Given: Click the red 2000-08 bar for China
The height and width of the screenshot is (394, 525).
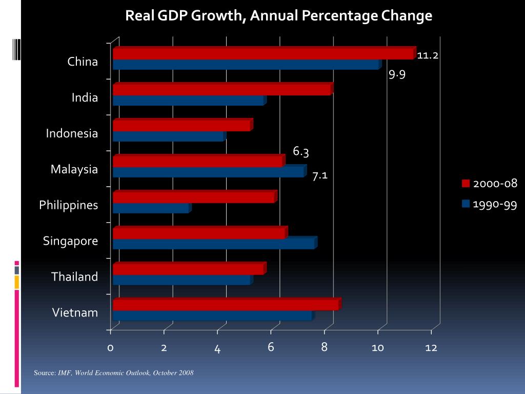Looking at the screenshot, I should tap(264, 54).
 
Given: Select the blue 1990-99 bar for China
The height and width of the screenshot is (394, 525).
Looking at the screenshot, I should tap(246, 65).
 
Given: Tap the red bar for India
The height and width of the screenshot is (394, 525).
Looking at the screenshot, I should tap(222, 90).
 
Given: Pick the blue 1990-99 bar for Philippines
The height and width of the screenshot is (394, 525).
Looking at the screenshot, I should tap(151, 208).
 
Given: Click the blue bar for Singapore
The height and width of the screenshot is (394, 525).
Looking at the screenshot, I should tap(214, 244).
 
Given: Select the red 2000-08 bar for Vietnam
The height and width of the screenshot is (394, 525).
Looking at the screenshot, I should tap(226, 305).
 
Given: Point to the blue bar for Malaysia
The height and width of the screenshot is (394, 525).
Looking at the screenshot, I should tap(209, 172).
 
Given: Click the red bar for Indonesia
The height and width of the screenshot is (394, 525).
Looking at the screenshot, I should tap(182, 126).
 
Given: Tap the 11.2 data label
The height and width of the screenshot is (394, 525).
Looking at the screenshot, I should tap(428, 56).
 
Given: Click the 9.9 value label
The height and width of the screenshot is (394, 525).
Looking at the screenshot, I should tap(397, 75).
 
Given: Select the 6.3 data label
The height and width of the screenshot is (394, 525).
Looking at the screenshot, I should tap(301, 151).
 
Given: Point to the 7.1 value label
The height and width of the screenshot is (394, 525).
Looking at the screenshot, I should tap(320, 176).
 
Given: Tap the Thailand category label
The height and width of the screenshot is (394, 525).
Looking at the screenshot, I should tap(74, 277).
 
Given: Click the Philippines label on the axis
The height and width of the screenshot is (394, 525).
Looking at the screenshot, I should tap(68, 205).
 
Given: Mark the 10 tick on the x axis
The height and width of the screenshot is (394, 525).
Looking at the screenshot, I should tap(378, 348).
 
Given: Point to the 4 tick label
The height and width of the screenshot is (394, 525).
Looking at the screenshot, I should tap(217, 350).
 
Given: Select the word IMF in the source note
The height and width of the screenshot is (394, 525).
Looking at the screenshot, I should tap(64, 373).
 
